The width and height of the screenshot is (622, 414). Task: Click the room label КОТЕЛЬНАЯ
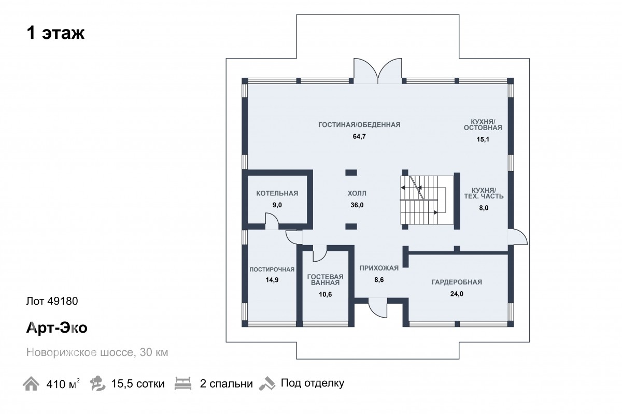tap(277, 193)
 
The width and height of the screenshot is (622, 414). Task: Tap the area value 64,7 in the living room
tap(359, 136)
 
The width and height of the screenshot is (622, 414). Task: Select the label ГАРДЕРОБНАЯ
tap(457, 282)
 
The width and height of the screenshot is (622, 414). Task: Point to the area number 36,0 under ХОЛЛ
tap(357, 205)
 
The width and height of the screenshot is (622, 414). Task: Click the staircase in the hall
tap(423, 200)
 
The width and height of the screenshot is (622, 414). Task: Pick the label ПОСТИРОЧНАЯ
tap(272, 269)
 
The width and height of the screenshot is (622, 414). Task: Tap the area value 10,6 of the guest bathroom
tap(325, 294)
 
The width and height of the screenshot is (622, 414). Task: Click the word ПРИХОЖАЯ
tap(379, 268)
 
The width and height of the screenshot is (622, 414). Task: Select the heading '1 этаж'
tap(55, 33)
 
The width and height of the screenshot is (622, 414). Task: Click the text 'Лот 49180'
tap(52, 301)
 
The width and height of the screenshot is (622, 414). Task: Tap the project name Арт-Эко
tap(57, 328)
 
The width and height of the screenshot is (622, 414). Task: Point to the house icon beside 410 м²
tap(31, 383)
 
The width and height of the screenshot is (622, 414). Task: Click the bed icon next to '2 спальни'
tap(183, 383)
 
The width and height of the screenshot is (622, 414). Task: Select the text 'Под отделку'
tap(313, 383)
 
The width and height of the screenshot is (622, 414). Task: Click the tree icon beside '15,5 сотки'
tap(97, 383)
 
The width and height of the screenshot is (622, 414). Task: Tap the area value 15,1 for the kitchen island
tap(483, 139)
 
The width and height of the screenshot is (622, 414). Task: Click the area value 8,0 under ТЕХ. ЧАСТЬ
tap(484, 208)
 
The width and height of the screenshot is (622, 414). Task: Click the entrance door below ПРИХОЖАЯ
tap(378, 308)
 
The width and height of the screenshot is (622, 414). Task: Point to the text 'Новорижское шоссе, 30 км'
tap(97, 352)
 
